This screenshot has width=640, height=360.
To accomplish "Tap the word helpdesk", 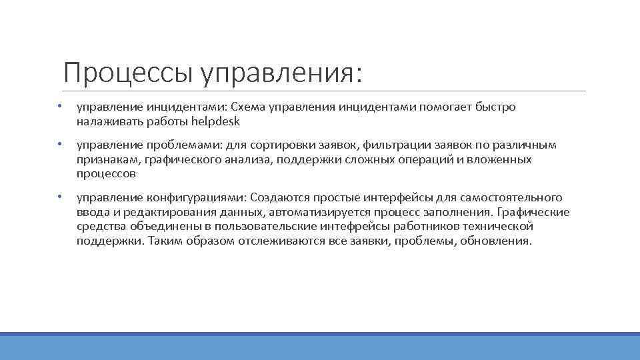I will click(x=215, y=121).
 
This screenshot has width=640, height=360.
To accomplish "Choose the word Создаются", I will click(x=278, y=197).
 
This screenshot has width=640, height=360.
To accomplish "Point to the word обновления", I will click(x=495, y=241).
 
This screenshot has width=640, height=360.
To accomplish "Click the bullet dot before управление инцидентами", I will click(x=59, y=107).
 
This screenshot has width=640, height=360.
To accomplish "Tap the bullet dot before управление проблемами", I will click(x=59, y=145).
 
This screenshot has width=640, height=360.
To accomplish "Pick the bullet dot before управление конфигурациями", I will click(x=59, y=197).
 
